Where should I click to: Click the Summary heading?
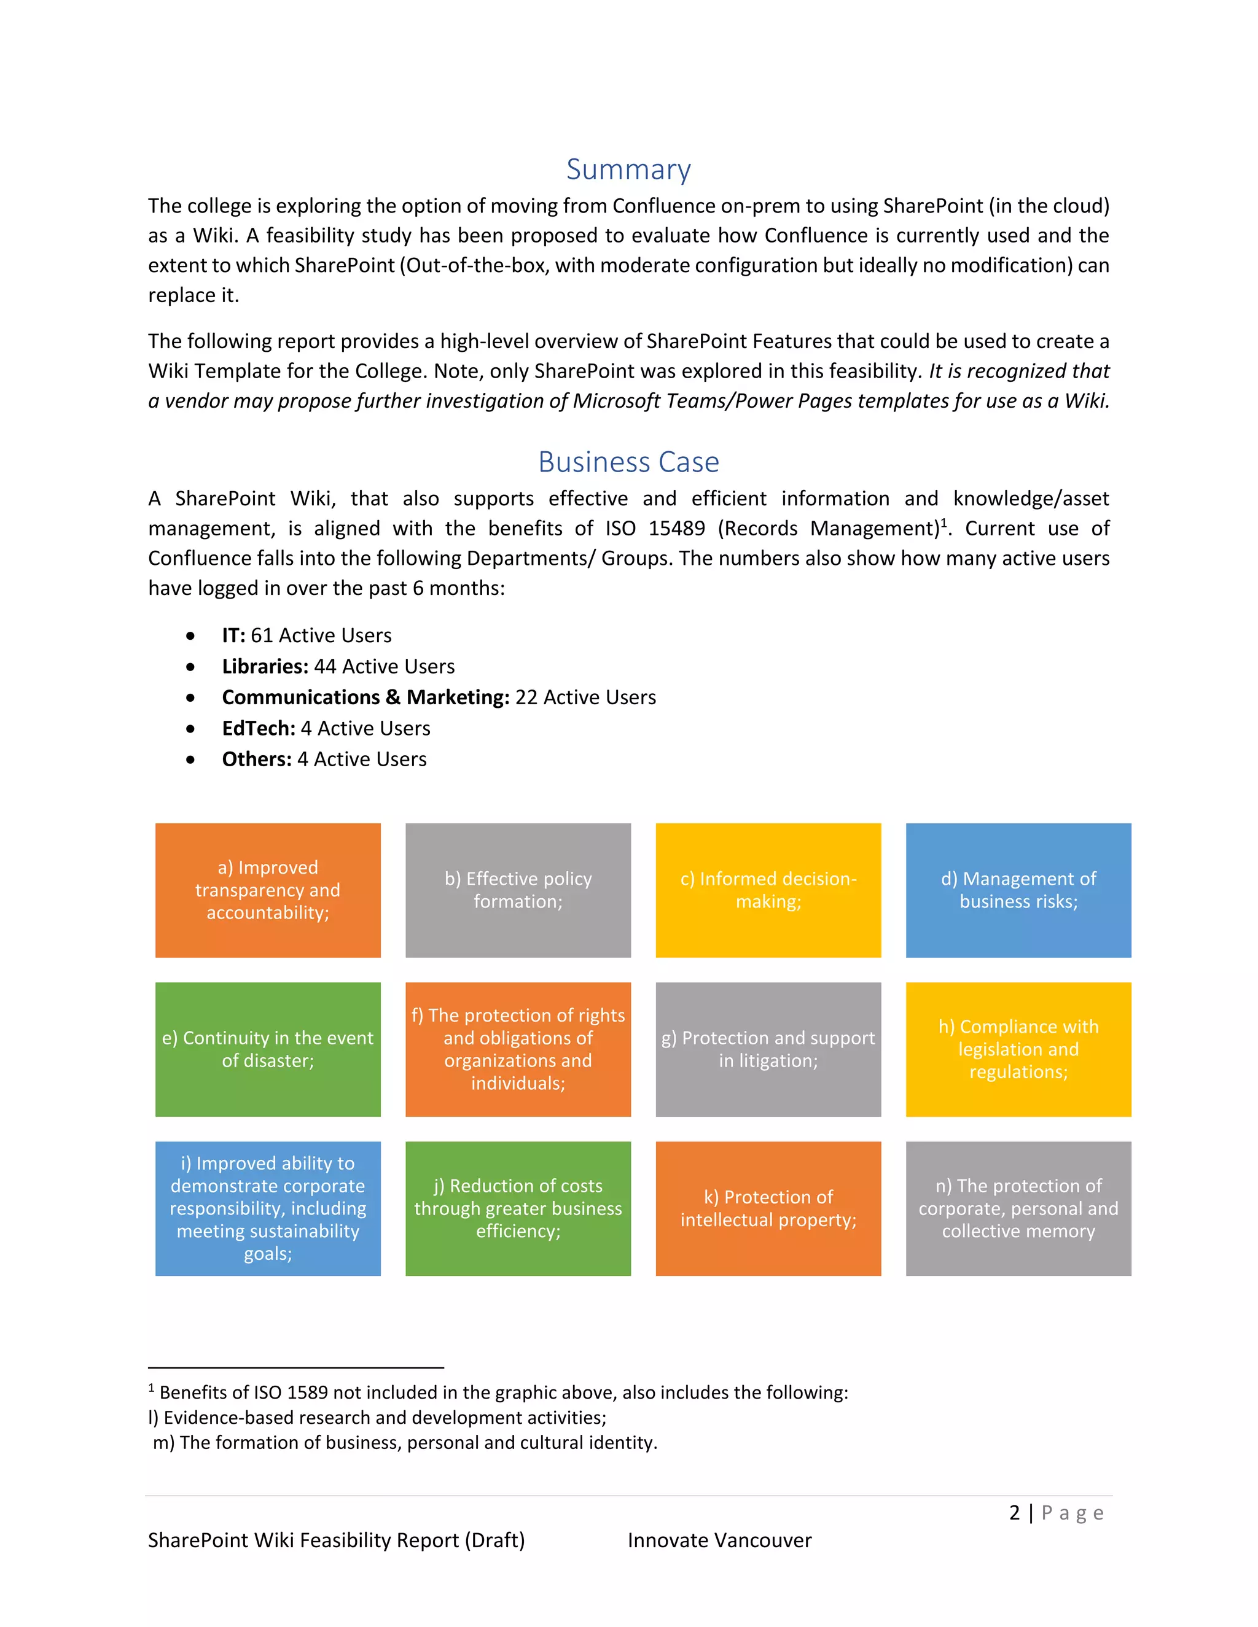tap(628, 169)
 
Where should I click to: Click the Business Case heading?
tap(628, 462)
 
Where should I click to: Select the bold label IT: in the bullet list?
tap(233, 635)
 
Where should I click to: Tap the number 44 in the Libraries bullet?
tap(325, 666)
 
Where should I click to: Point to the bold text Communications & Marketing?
tap(365, 697)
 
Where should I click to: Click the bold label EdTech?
tap(259, 728)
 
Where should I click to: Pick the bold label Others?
tap(256, 759)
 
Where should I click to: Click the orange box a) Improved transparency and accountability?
tap(268, 890)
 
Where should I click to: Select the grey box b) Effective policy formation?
tap(518, 890)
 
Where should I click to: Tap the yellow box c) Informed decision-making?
tap(768, 890)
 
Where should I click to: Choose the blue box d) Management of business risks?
tap(1018, 890)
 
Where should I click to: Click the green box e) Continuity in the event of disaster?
tap(268, 1049)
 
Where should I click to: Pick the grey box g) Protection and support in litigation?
tap(768, 1049)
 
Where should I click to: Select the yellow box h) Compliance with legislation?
tap(1018, 1049)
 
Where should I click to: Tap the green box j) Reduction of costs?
tap(518, 1208)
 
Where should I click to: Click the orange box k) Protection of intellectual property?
tap(768, 1208)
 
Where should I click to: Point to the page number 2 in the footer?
tap(1014, 1513)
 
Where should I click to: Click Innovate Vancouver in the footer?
tap(719, 1540)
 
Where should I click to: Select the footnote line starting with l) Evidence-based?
tap(377, 1418)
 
